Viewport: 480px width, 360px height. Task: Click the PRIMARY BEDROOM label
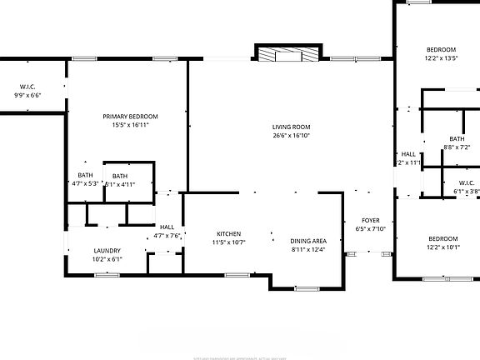[x=130, y=116]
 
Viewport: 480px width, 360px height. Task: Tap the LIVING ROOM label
[x=291, y=127]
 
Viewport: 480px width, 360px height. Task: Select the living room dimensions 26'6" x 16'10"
[x=291, y=135]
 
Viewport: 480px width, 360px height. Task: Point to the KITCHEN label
[x=229, y=233]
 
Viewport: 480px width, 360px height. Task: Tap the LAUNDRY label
[x=107, y=250]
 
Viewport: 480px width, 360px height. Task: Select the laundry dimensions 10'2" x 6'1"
[x=107, y=258]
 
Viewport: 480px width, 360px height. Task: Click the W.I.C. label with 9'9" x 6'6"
[x=27, y=87]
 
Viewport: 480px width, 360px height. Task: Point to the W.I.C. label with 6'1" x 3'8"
[x=466, y=182]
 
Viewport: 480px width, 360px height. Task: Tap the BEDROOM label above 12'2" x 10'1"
[x=442, y=238]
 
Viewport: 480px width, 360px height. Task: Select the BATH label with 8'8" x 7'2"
[x=457, y=138]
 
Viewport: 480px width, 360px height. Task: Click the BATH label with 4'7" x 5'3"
[x=85, y=175]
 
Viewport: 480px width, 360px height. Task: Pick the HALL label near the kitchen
[x=167, y=227]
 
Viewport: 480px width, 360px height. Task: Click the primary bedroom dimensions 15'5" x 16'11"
[x=130, y=125]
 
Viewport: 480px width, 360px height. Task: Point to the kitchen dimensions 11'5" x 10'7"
[x=229, y=242]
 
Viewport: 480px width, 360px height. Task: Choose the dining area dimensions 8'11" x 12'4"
[x=307, y=249]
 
